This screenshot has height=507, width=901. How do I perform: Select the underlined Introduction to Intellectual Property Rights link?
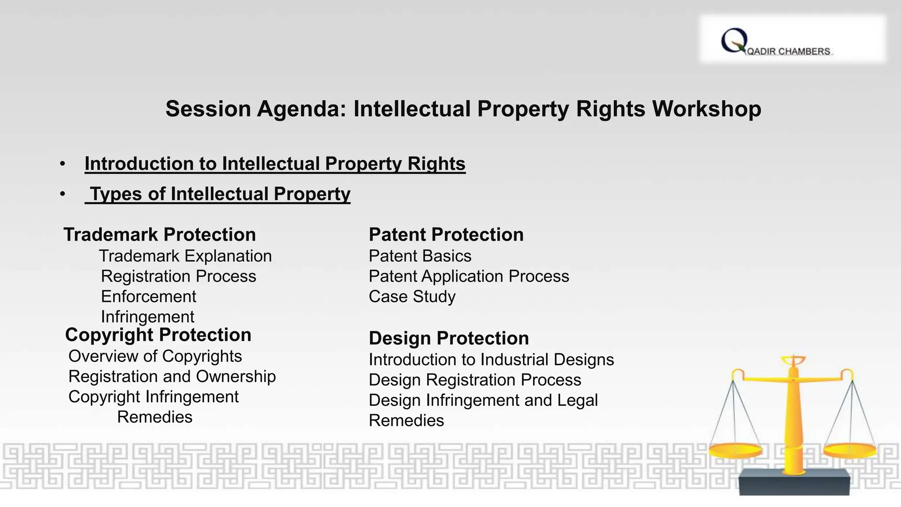click(275, 164)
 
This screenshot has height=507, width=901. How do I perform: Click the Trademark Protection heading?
click(160, 235)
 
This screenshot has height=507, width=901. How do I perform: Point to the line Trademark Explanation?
click(185, 256)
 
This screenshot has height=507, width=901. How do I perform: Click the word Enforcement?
click(149, 297)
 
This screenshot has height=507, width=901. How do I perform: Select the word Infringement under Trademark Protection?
click(148, 317)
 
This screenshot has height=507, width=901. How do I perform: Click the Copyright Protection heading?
click(158, 335)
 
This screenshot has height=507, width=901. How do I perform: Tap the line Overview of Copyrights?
click(155, 356)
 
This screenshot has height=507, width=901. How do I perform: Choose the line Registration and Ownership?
click(172, 376)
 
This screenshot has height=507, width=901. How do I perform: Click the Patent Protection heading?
click(446, 235)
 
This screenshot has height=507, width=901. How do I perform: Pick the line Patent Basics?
click(420, 256)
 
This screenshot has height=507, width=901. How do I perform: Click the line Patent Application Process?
click(469, 276)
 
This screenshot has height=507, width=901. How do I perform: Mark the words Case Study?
click(412, 297)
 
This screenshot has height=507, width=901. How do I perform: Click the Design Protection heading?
click(449, 338)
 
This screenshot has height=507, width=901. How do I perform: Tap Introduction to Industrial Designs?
click(491, 360)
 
